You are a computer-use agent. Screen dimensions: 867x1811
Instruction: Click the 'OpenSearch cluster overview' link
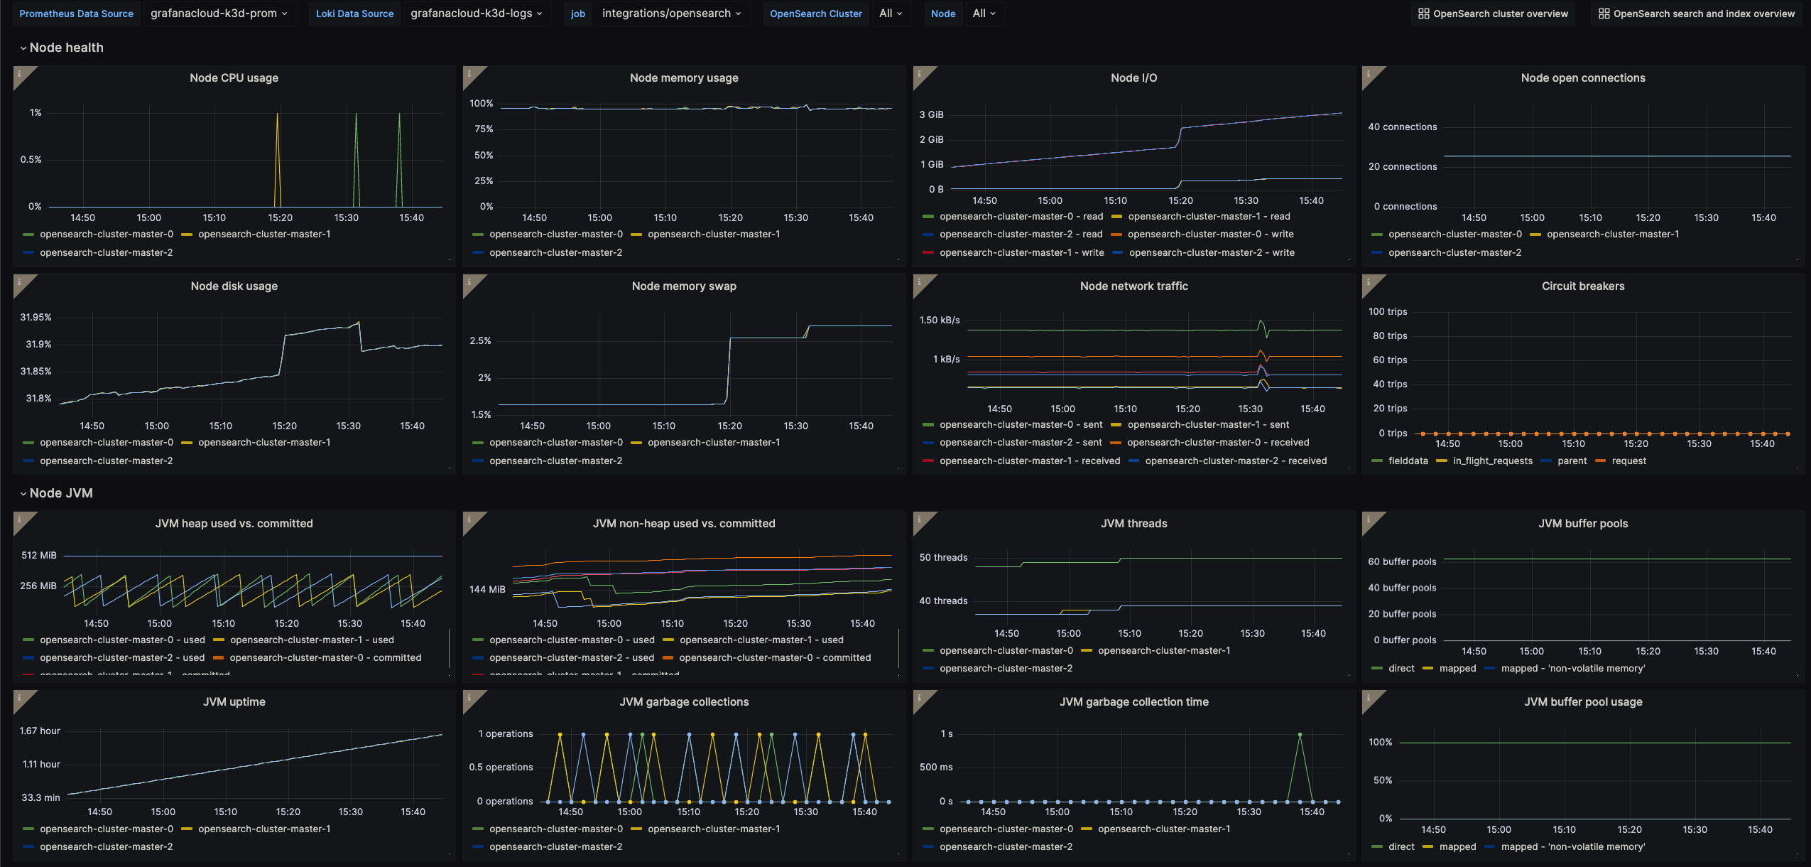(x=1493, y=14)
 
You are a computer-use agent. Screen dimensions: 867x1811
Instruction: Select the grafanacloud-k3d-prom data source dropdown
(x=219, y=14)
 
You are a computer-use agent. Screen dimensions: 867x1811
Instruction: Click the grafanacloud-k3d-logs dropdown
(x=477, y=14)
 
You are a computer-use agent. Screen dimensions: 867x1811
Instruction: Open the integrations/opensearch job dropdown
(x=671, y=14)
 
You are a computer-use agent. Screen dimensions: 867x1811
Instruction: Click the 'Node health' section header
(x=66, y=48)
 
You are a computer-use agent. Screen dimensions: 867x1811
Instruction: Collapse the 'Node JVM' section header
(x=60, y=493)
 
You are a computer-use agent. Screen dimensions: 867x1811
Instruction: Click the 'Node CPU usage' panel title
(x=234, y=78)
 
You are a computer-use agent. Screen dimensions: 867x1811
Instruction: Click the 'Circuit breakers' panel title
(x=1582, y=286)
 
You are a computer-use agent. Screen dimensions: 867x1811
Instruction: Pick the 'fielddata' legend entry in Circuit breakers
(x=1408, y=461)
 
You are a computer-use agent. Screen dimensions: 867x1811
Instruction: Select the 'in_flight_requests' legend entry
(x=1492, y=461)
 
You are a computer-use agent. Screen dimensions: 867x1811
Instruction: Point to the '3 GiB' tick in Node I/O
(x=931, y=114)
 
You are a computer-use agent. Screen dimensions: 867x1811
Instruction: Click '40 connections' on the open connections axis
(x=1402, y=127)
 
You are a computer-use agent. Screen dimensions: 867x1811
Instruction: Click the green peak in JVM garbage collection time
(x=1300, y=735)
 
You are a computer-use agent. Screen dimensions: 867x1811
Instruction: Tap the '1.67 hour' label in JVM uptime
(x=40, y=731)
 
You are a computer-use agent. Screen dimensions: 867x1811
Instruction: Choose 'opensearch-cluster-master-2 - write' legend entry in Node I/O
(x=1211, y=253)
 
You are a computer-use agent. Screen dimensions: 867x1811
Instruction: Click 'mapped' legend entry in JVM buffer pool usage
(x=1457, y=847)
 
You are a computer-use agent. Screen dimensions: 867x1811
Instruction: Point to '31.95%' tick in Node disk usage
(x=36, y=318)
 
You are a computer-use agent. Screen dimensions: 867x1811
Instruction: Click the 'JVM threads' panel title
(x=1133, y=524)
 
